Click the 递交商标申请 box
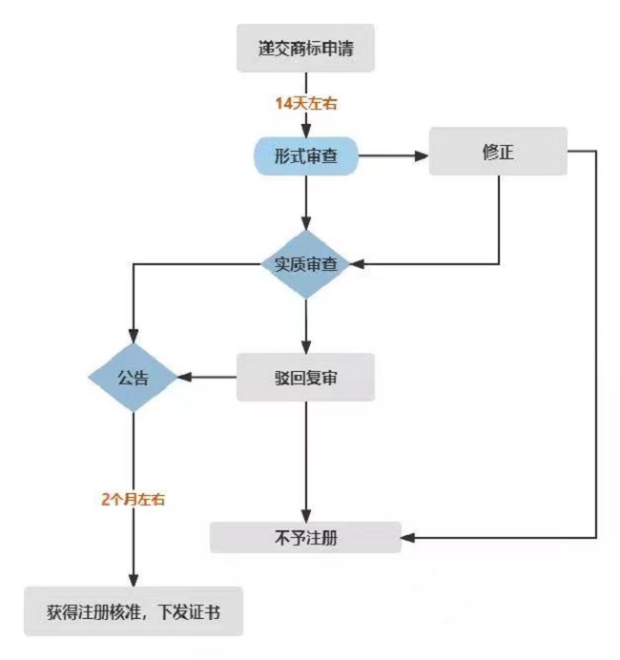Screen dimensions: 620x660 click(x=305, y=48)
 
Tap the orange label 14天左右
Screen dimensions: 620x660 click(x=306, y=104)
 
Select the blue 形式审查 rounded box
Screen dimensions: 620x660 click(x=306, y=155)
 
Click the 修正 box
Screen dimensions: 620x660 click(x=498, y=151)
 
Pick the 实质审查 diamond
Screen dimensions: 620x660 click(x=306, y=264)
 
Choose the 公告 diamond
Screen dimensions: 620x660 click(x=133, y=377)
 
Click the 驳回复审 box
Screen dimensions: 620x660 click(x=305, y=377)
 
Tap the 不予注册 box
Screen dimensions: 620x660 click(x=305, y=538)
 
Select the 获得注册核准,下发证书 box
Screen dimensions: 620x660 click(x=134, y=611)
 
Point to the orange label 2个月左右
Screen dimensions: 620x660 click(x=133, y=499)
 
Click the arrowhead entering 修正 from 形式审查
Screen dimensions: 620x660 click(x=422, y=155)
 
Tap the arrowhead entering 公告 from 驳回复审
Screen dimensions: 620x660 click(x=185, y=377)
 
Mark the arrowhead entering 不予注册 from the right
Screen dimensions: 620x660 click(x=408, y=538)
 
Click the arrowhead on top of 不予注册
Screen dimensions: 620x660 click(x=306, y=515)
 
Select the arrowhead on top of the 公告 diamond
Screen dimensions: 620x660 click(x=134, y=336)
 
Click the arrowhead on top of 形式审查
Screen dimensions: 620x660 click(x=306, y=131)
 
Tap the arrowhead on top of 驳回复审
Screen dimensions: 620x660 click(x=306, y=346)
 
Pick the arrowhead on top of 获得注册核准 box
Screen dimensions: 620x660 click(x=134, y=580)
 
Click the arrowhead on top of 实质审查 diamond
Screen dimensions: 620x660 click(x=306, y=223)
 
